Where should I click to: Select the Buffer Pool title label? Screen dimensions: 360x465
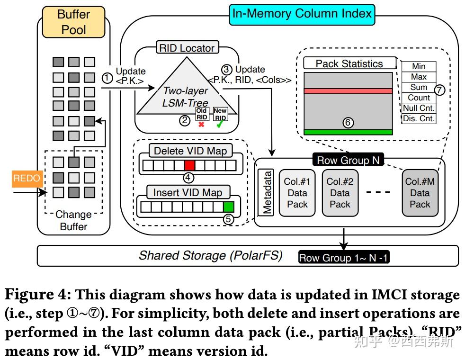(73, 22)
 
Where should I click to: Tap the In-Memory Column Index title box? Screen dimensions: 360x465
(302, 14)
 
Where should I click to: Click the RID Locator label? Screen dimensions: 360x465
(186, 47)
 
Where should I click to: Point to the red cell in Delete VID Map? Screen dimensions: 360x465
(189, 165)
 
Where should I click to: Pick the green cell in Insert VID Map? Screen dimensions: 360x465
(229, 207)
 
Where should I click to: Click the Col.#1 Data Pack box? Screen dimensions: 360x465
(297, 193)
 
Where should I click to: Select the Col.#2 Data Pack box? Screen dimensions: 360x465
(340, 193)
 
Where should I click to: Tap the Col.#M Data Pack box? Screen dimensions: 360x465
(420, 193)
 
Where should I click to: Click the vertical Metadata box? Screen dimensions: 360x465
(268, 193)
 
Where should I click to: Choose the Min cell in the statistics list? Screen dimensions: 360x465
(419, 67)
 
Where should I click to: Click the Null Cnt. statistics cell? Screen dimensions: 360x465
(419, 108)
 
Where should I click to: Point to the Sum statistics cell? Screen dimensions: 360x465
(419, 87)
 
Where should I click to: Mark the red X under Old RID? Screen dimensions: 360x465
(201, 124)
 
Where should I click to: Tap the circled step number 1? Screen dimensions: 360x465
(107, 77)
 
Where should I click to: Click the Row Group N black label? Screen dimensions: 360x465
(348, 160)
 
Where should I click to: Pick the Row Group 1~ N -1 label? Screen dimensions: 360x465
(344, 258)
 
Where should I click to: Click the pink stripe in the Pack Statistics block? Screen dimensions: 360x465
(348, 91)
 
